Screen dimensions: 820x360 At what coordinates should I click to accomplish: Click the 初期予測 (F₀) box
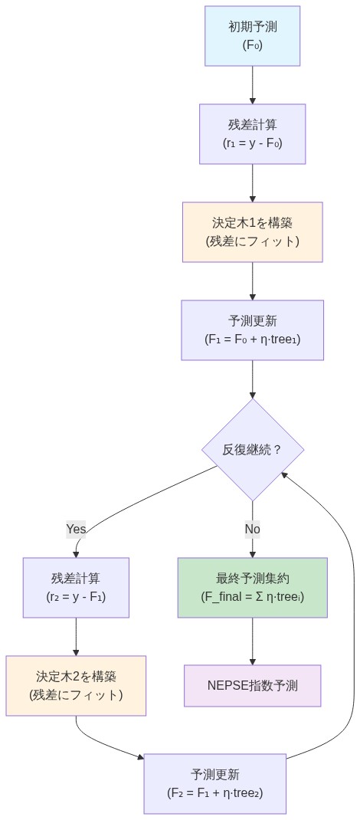coord(252,36)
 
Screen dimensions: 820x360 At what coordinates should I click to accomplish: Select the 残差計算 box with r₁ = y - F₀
coord(252,134)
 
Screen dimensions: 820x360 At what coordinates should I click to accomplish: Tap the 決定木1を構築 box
coord(252,232)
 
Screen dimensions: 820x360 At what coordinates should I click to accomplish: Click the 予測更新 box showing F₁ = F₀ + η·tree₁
coord(252,330)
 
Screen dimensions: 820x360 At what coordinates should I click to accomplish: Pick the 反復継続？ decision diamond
coord(252,449)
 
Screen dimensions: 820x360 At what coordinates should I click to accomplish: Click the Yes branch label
coord(76,529)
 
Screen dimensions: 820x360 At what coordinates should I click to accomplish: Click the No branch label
coord(252,529)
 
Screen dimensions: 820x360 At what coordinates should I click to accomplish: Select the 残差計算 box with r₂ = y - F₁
coord(76,588)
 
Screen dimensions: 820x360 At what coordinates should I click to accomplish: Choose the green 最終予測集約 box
coord(252,588)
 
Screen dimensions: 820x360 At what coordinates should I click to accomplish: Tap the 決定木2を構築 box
coord(76,686)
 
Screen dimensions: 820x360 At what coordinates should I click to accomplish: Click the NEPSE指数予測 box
coord(252,686)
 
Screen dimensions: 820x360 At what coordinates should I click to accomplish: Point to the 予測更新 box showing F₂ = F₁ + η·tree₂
coord(214,784)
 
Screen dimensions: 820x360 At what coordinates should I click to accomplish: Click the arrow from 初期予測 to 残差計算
coord(252,84)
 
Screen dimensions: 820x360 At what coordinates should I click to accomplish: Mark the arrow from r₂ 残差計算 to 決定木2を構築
coord(76,636)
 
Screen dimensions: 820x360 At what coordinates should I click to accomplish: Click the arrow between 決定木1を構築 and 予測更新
coord(252,280)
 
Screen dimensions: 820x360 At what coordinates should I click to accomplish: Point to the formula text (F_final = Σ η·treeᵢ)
coord(252,596)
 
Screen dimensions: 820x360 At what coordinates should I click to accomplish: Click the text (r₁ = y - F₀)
coord(252,143)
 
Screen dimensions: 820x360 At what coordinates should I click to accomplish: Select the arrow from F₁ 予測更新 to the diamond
coord(252,379)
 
